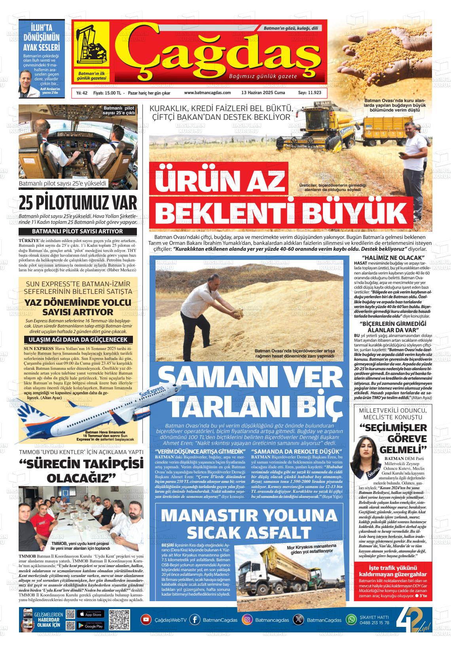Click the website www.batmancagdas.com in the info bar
[207, 93]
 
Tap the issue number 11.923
[309, 93]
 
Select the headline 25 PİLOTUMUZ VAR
[78, 203]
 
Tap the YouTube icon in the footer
[146, 619]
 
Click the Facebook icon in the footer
[194, 619]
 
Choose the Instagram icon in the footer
[247, 619]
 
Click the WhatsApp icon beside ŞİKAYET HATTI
[351, 619]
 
